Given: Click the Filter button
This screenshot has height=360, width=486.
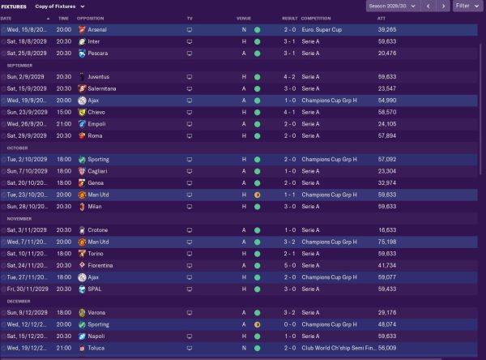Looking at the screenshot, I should (x=465, y=6).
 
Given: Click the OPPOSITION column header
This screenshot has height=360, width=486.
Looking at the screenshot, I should (x=90, y=17).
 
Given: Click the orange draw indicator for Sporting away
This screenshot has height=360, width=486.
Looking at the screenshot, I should (x=257, y=324).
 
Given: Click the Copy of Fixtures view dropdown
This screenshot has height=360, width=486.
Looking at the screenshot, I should (x=61, y=6).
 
